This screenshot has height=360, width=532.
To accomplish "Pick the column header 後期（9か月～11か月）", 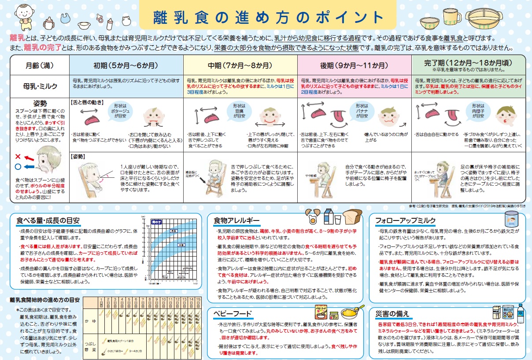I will [354, 66].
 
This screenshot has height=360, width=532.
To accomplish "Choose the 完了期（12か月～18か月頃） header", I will [468, 64].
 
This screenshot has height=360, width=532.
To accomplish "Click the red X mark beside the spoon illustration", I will [18, 157].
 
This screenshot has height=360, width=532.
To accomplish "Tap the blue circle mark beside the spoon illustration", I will [18, 167].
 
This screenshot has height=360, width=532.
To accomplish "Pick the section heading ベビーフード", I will [233, 313].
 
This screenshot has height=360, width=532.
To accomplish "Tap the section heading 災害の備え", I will [392, 313].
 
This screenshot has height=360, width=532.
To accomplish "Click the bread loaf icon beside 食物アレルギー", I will [352, 216].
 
